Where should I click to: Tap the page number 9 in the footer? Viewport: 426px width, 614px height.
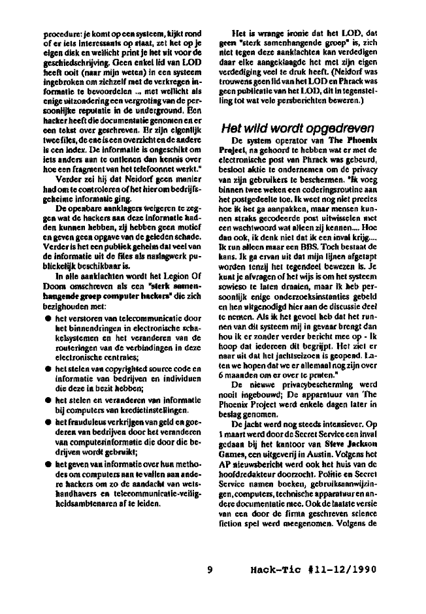[x=210, y=568]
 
